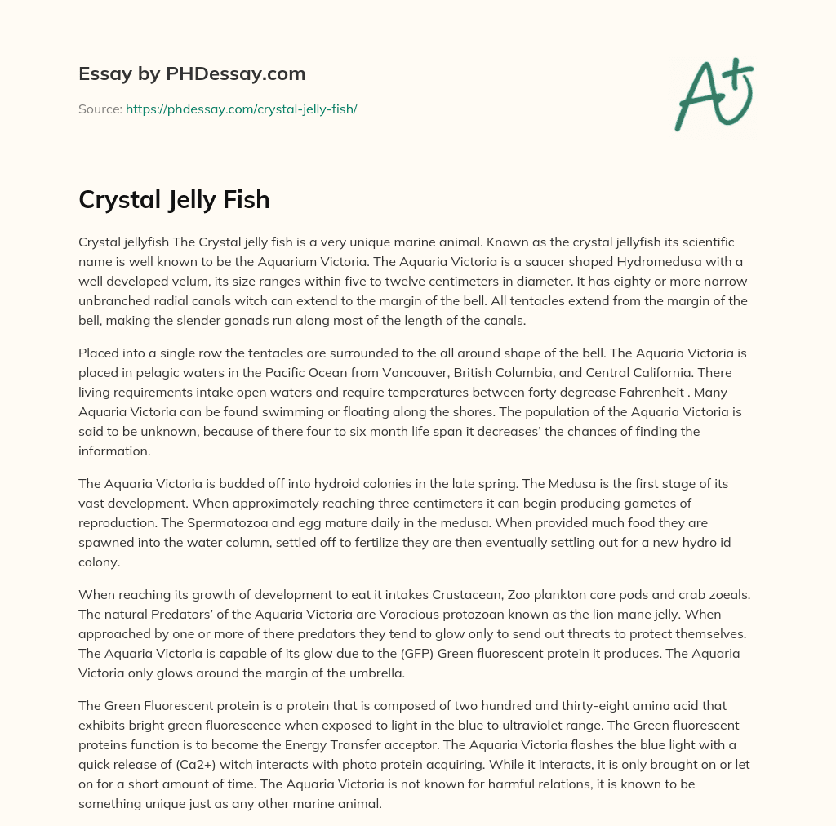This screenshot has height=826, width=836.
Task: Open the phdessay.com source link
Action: coord(242,109)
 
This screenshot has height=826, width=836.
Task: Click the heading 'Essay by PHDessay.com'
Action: coord(192,74)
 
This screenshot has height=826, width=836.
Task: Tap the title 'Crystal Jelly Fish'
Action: coord(174,199)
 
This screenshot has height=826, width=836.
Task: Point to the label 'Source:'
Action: coord(100,109)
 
